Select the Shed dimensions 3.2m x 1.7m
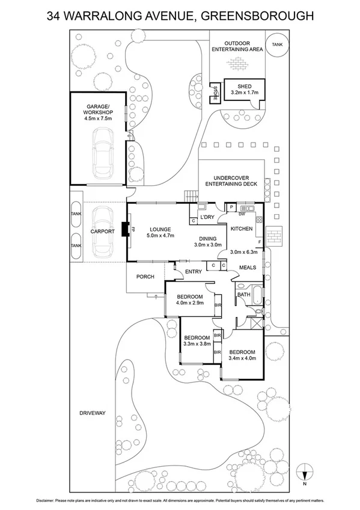coord(244,93)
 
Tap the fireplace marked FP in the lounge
coord(125,230)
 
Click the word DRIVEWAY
coord(92,413)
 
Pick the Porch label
coord(145,277)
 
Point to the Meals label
coord(247,267)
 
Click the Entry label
coord(194,272)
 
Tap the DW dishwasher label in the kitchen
coord(241,214)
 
